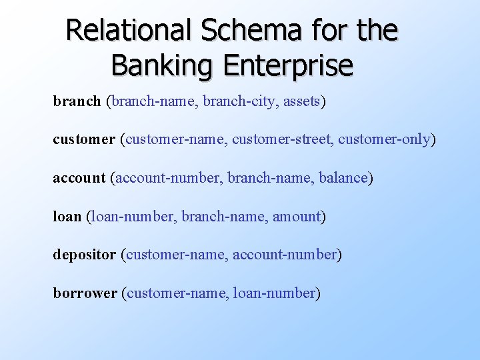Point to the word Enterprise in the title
[287, 65]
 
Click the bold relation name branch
[77, 102]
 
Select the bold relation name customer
[84, 140]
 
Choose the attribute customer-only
[385, 140]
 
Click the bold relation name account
[79, 178]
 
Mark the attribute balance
[344, 178]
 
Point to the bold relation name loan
[67, 217]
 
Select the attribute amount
[297, 217]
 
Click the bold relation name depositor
[85, 255]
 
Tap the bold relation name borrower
[85, 293]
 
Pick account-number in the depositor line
[285, 255]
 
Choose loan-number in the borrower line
[274, 293]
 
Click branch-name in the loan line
[223, 217]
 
